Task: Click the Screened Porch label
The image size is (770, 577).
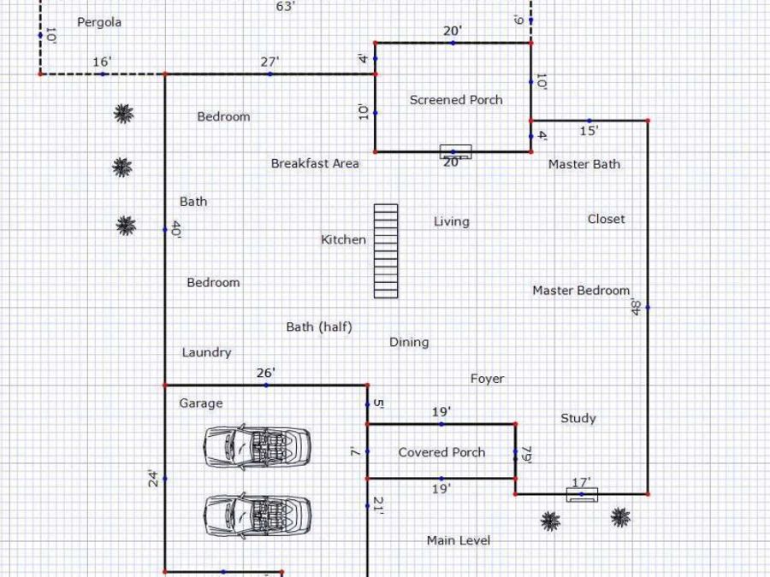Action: click(x=456, y=100)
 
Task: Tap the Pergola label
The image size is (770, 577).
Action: click(x=99, y=22)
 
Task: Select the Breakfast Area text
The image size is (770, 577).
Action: click(x=315, y=163)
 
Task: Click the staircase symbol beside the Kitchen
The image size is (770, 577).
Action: click(x=386, y=251)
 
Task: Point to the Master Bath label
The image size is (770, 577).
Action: click(x=583, y=164)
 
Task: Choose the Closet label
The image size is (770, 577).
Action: click(x=607, y=220)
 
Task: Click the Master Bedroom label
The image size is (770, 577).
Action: click(x=581, y=291)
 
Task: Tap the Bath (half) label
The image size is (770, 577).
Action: click(x=319, y=327)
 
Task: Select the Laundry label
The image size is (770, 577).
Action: click(x=206, y=353)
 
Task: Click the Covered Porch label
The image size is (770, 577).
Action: click(x=441, y=452)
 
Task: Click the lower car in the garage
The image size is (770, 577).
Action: click(x=257, y=515)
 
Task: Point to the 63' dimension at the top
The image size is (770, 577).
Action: click(x=286, y=6)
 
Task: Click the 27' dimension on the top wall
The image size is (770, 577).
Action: click(x=269, y=62)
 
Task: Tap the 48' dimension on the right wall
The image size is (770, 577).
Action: click(x=636, y=307)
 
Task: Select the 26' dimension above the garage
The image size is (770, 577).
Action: click(x=266, y=374)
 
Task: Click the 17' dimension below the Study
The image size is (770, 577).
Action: click(x=582, y=483)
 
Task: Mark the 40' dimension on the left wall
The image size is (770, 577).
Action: click(x=175, y=230)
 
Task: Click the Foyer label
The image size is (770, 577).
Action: click(x=487, y=379)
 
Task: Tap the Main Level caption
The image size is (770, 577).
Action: click(x=459, y=541)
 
